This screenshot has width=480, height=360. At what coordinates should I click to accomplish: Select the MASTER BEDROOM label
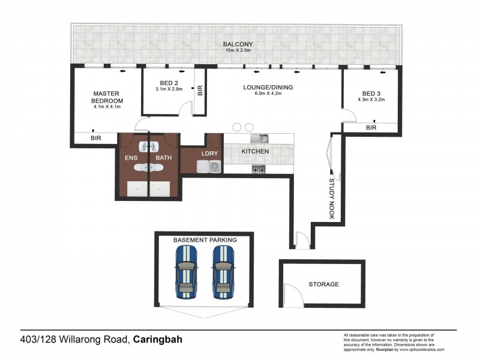[x=108, y=97]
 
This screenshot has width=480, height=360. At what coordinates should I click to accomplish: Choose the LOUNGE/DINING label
[x=268, y=87]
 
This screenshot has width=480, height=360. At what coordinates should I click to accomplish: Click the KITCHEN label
[x=255, y=152]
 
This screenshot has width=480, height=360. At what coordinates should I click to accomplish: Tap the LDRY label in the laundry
[x=209, y=152]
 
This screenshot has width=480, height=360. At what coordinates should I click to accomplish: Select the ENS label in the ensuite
[x=131, y=158]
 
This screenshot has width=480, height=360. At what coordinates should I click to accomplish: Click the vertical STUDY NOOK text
[x=331, y=199]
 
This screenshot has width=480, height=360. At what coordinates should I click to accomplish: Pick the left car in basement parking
[x=185, y=272]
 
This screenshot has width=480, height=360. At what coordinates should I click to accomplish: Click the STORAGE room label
[x=323, y=284]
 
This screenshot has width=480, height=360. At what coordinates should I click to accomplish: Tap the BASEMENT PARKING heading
[x=205, y=239]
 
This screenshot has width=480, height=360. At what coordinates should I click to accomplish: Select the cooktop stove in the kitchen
[x=259, y=170]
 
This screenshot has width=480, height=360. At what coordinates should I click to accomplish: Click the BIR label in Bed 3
[x=371, y=128]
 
